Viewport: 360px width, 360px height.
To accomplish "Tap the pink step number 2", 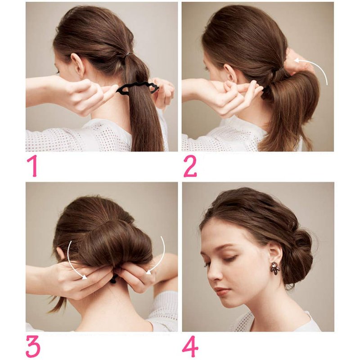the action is (190, 166).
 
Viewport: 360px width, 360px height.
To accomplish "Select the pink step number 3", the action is (33, 346).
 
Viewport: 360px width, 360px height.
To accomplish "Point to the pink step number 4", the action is (190, 346).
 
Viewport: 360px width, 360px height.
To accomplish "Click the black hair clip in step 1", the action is (138, 87).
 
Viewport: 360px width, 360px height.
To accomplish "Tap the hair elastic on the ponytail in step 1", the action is (129, 55).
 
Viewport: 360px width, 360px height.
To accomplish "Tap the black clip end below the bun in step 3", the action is (114, 279).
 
